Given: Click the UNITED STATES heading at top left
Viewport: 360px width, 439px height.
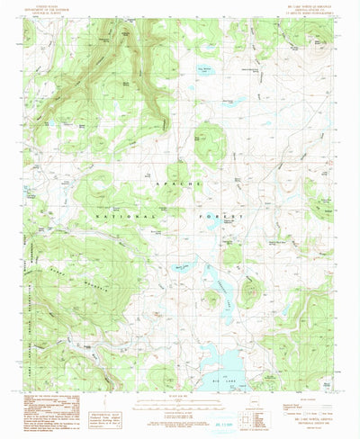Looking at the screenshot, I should click(47, 5).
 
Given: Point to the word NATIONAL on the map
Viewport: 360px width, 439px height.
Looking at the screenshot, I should click(135, 192).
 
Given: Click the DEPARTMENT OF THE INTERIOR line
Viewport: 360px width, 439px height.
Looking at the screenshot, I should click(47, 9).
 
